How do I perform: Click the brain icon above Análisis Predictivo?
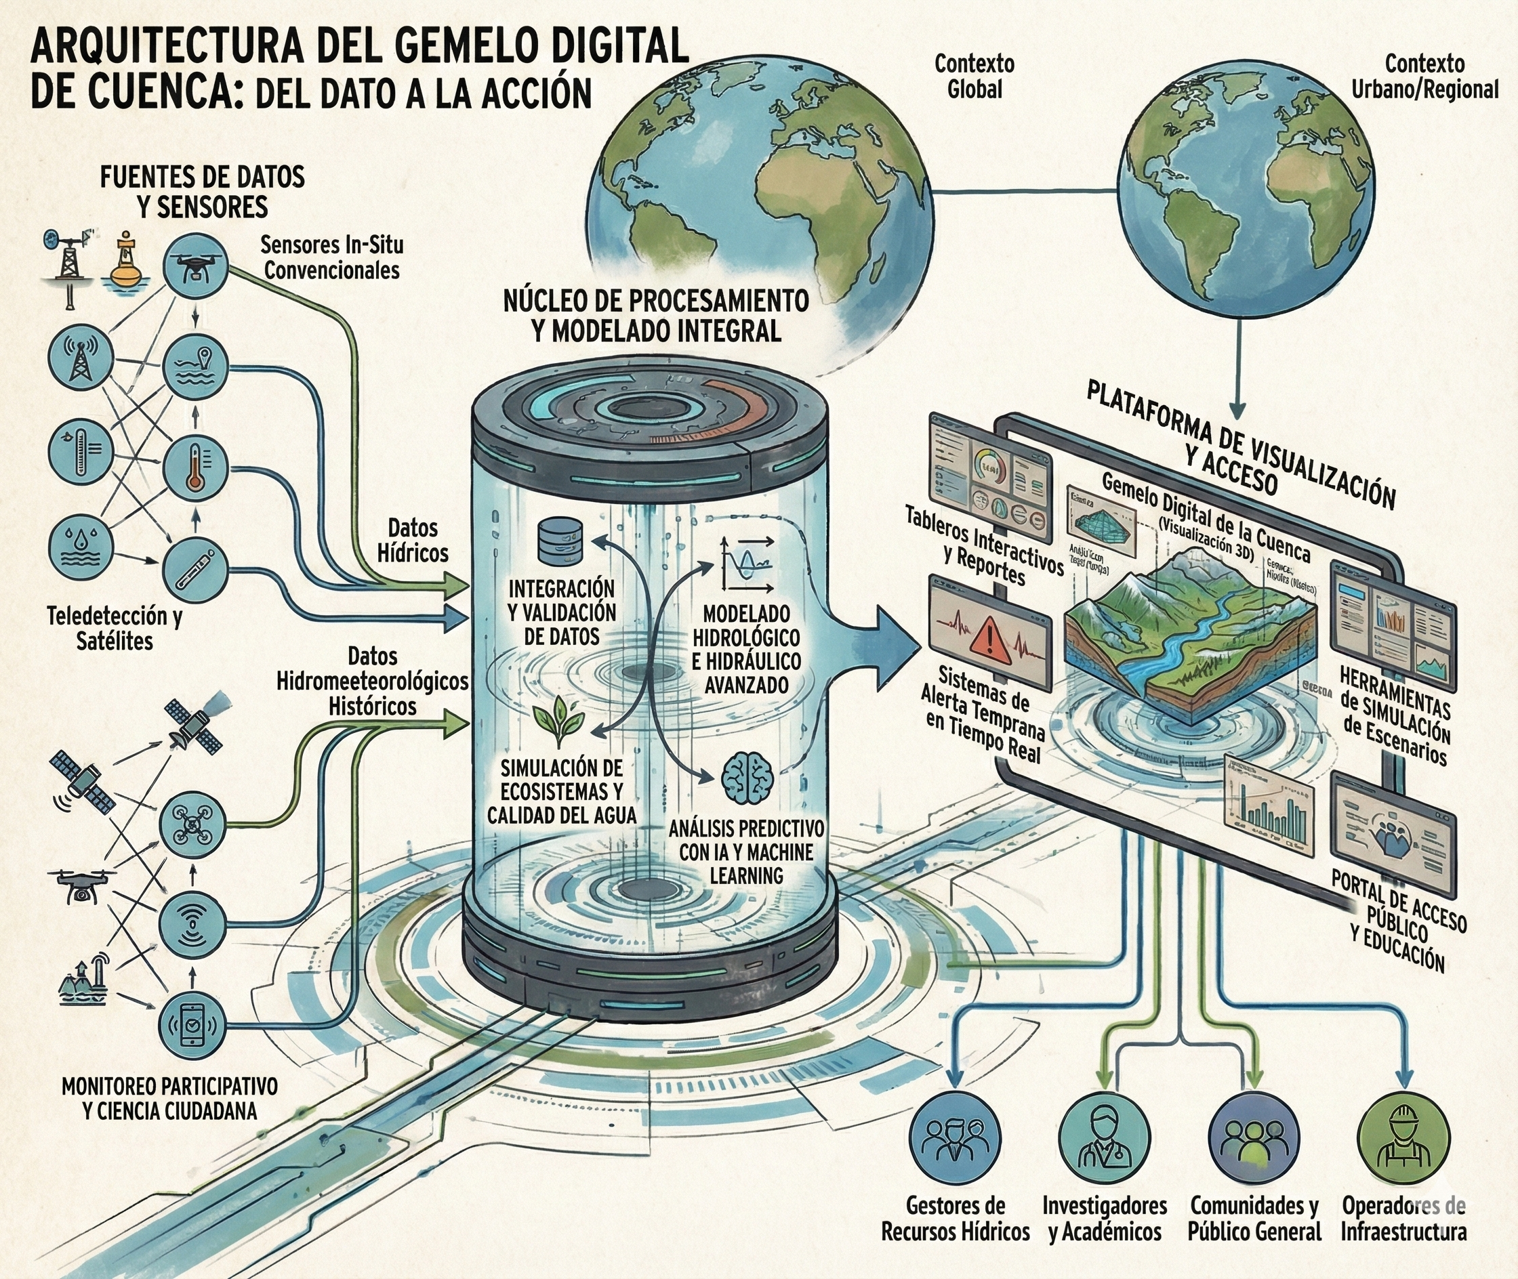[747, 777]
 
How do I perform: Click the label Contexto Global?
[974, 76]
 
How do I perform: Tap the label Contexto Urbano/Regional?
[1424, 76]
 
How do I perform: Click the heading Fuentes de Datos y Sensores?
[203, 192]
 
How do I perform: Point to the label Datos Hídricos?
[413, 540]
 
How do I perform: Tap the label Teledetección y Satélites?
[115, 628]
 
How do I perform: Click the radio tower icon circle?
[81, 357]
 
